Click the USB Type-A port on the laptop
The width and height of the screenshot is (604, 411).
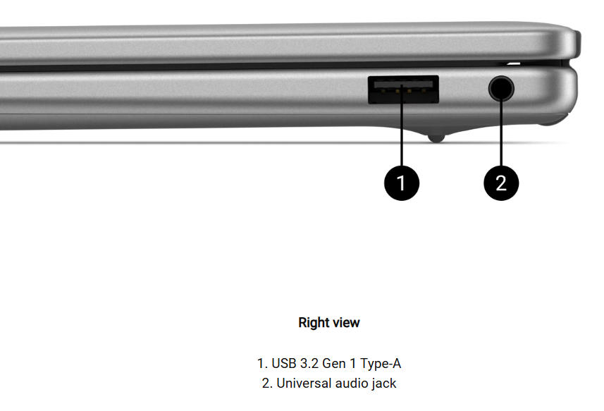click(x=403, y=90)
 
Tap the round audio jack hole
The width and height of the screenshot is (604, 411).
click(x=501, y=88)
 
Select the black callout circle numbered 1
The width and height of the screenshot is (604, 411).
click(x=402, y=183)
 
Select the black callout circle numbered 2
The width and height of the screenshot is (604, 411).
click(x=501, y=183)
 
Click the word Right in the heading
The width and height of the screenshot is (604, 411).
click(x=314, y=322)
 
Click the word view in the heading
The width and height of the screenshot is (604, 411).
click(x=346, y=322)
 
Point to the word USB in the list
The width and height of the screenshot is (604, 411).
click(x=284, y=363)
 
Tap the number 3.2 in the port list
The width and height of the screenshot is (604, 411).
click(x=309, y=363)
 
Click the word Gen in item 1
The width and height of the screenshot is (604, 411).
click(x=333, y=363)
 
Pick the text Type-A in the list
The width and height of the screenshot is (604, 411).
click(x=381, y=363)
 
